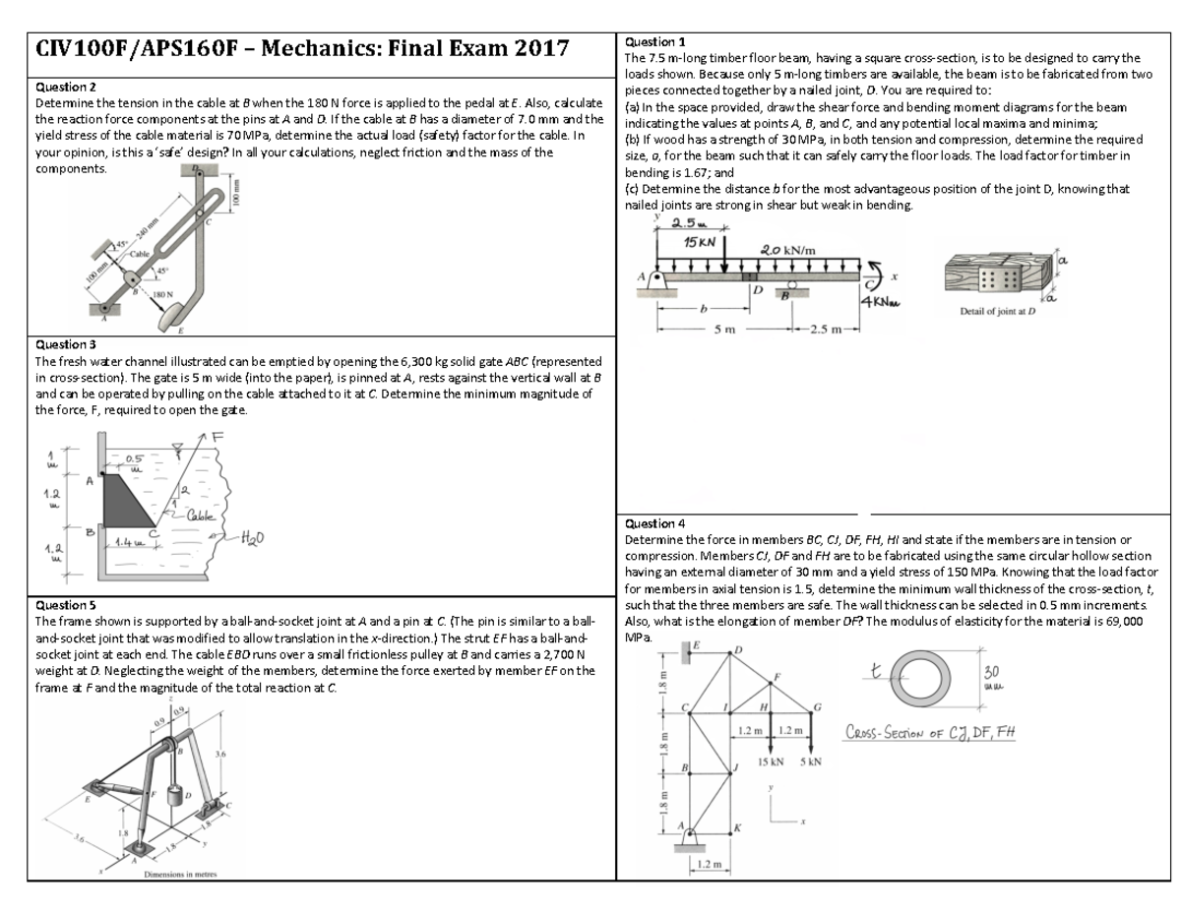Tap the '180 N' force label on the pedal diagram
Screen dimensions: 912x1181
coord(162,293)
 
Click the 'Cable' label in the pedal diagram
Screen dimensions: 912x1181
coord(139,254)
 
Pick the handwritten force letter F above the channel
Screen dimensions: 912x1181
coord(218,437)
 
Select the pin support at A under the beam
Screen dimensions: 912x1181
coord(657,282)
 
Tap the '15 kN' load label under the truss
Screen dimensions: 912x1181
coord(770,762)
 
